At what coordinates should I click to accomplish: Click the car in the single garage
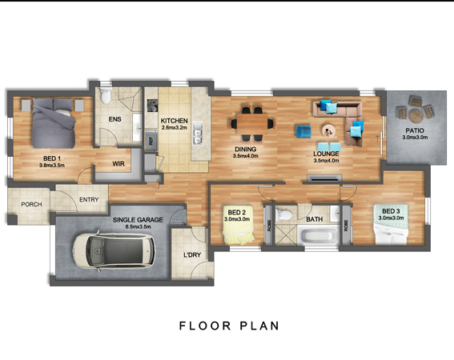[x=114, y=250]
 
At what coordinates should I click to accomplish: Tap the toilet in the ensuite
[x=106, y=95]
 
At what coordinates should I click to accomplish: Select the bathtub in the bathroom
[x=318, y=235]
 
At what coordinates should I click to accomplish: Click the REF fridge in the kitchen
[x=151, y=140]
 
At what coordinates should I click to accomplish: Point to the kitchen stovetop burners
[x=152, y=106]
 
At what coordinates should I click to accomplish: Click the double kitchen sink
[x=198, y=133]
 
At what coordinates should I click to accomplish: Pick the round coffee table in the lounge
[x=328, y=130]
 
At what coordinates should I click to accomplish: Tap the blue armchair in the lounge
[x=303, y=132]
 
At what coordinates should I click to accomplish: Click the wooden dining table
[x=252, y=123]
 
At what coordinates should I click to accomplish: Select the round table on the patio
[x=416, y=116]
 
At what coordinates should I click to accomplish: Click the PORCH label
[x=31, y=204]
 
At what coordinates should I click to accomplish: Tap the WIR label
[x=119, y=164]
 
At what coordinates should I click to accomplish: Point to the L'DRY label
[x=192, y=255]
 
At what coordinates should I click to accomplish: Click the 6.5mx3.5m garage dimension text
[x=138, y=227]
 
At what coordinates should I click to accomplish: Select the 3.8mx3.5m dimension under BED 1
[x=52, y=166]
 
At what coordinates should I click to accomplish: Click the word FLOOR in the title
[x=205, y=326]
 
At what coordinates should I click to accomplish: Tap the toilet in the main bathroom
[x=283, y=214]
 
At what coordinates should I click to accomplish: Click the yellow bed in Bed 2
[x=239, y=225]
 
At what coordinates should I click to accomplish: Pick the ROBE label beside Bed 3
[x=346, y=226]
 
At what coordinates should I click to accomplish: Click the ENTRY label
[x=89, y=200]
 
